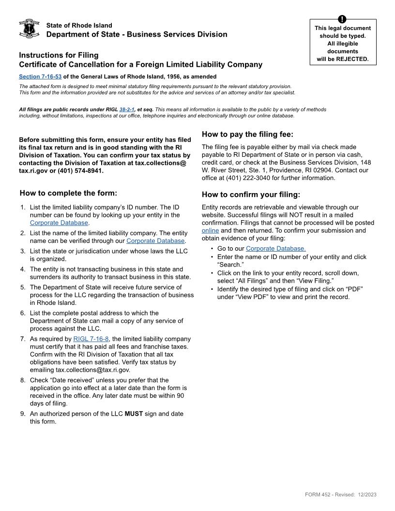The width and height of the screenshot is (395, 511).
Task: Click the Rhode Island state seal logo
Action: tap(29, 29)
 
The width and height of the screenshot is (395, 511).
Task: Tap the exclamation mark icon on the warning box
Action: tap(343, 19)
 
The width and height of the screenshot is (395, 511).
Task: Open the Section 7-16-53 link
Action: tap(40, 76)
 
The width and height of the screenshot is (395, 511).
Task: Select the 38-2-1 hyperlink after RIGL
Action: tap(126, 109)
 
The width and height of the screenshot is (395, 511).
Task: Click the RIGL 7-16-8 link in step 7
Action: tap(91, 339)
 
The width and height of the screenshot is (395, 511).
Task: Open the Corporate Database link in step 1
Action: tap(59, 223)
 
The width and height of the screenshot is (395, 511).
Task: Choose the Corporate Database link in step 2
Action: tap(155, 240)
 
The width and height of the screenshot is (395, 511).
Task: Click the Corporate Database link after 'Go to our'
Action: tap(275, 249)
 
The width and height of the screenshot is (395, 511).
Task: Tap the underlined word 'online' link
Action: tap(210, 230)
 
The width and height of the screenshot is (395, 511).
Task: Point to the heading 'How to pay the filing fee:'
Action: tap(247, 135)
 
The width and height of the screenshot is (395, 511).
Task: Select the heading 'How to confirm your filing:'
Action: tap(251, 195)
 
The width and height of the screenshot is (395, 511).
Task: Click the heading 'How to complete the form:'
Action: tap(68, 193)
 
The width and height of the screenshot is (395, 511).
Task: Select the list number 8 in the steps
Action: tap(22, 380)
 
